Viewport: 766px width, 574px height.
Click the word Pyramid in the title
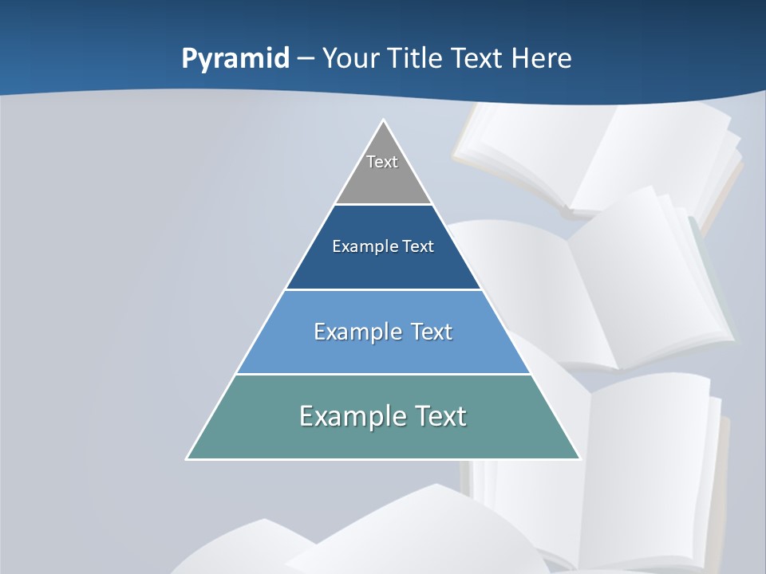(x=235, y=59)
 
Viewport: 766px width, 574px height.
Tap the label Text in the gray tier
(x=382, y=162)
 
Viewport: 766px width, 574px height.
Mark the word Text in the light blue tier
(x=431, y=332)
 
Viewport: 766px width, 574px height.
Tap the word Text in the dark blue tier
(x=418, y=246)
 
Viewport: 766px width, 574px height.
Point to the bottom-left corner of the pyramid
(x=187, y=458)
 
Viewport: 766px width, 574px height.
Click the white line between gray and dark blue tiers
(x=383, y=204)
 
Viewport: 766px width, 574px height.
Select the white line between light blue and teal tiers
(x=383, y=374)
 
